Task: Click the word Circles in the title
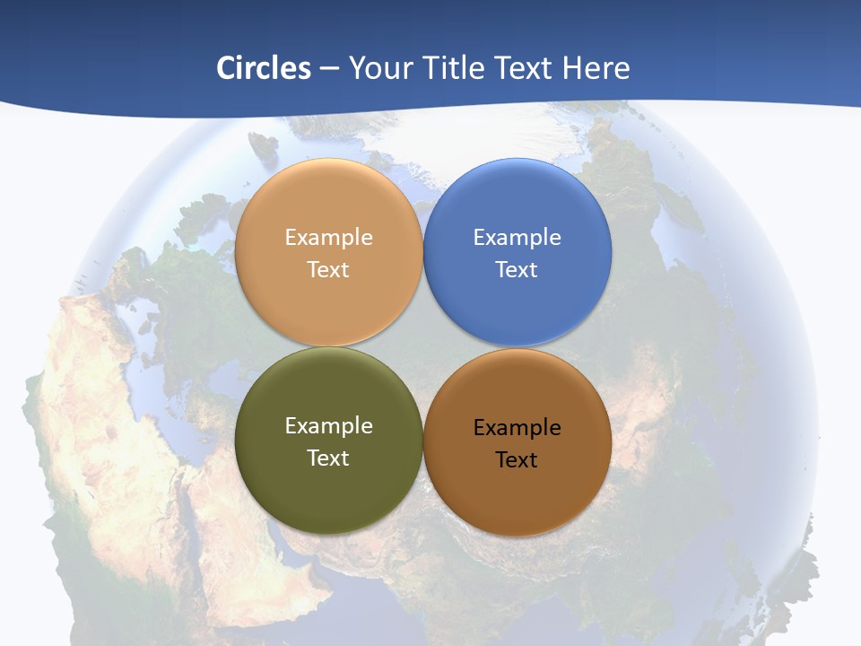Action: coord(263,68)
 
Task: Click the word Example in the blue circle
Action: coord(517,238)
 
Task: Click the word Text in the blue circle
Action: coord(517,270)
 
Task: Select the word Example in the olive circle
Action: coord(328,426)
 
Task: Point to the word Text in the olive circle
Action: coord(328,458)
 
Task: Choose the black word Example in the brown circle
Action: coord(517,428)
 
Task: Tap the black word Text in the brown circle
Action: coord(517,460)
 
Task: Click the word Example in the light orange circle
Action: coord(328,238)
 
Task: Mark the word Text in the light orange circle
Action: coord(328,270)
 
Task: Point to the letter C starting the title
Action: coord(226,68)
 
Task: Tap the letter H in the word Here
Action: coord(571,68)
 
